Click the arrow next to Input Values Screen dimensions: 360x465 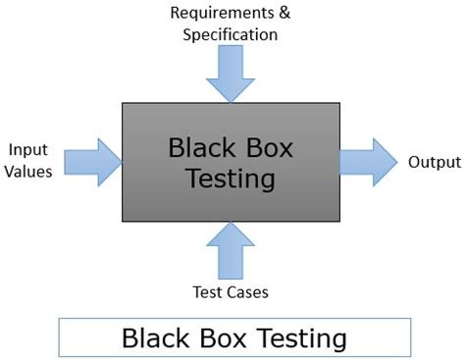point(96,160)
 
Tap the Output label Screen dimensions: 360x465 point(434,160)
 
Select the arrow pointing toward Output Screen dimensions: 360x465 point(368,160)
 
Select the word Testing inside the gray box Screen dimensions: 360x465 point(232,180)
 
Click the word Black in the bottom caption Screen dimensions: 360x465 point(155,338)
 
